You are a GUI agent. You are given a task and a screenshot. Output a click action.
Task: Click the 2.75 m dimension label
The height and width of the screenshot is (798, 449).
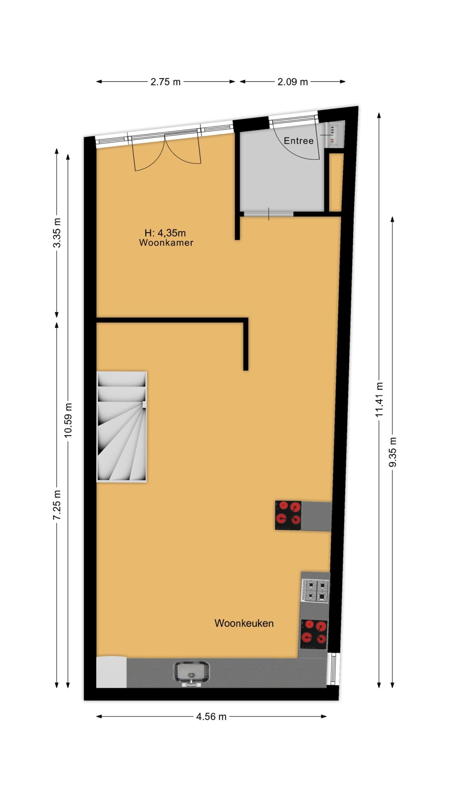coord(166,82)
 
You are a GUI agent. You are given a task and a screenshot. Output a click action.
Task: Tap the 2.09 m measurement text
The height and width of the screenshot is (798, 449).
coord(293,82)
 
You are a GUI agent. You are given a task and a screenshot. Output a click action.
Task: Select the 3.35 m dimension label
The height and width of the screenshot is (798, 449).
coord(57,233)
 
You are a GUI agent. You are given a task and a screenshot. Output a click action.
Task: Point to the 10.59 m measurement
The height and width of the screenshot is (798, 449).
coord(68,420)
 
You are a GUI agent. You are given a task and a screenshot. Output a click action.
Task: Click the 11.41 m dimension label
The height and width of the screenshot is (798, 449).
coord(379,400)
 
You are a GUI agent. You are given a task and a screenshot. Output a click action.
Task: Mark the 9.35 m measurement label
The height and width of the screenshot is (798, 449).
coord(393,452)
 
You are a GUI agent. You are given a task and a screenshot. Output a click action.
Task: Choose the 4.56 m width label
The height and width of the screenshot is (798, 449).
coord(211,717)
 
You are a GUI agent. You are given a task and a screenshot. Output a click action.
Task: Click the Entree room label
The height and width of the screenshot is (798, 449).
coord(298,141)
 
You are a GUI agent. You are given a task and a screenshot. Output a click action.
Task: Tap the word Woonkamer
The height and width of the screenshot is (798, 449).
coord(166,243)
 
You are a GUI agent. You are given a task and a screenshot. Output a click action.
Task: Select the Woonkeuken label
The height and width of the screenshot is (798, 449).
coord(244,623)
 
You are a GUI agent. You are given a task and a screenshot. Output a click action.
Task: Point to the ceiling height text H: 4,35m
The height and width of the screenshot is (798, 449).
coord(165,233)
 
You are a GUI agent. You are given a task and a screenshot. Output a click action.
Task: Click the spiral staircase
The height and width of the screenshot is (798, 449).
coord(122,427)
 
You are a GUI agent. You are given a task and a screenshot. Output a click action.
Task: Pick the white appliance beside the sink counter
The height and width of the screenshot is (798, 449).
coord(111,672)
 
